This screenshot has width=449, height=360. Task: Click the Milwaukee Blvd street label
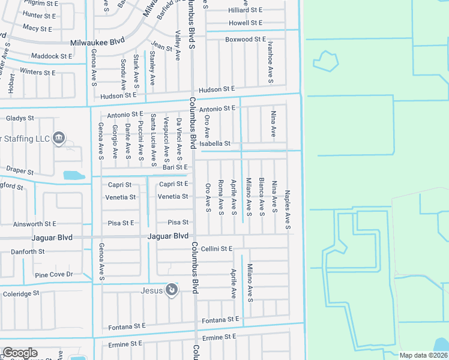coord(97,43)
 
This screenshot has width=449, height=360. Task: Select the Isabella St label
coord(215,144)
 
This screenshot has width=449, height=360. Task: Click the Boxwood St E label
coord(245,39)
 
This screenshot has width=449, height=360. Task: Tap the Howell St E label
coord(246,23)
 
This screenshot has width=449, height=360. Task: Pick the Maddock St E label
coord(52,56)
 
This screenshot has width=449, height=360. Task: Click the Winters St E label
coord(37,73)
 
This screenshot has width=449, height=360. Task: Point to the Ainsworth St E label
coord(35,224)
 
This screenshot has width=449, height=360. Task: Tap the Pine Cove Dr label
coord(53,275)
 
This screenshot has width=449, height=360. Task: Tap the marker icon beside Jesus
coord(172,290)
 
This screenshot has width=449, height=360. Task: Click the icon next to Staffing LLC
coord(59,138)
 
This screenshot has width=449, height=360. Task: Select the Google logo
coord(20,353)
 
